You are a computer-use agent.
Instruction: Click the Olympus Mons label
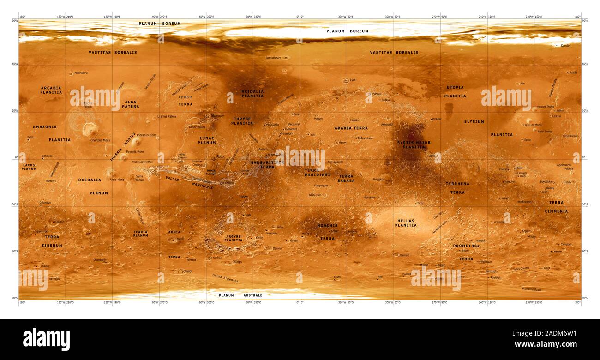pos(100,140)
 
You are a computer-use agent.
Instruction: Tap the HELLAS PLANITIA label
pos(406,223)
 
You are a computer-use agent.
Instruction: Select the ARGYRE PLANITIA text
pos(233,238)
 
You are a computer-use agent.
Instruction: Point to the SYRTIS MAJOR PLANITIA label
pos(414,144)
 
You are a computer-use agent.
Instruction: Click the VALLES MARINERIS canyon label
pos(189,183)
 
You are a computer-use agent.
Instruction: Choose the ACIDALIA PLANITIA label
pos(252,94)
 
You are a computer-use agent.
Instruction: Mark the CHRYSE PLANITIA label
pos(242,121)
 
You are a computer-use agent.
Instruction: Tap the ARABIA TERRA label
pos(351,128)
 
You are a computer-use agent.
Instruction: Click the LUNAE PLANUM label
pos(207,140)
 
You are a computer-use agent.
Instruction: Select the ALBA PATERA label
pos(131,104)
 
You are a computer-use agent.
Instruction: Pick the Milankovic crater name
pos(81,73)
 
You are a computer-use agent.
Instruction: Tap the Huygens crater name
pos(378,179)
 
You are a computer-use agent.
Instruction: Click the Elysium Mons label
pos(532,125)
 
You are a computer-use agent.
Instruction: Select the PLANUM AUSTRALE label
pos(240,295)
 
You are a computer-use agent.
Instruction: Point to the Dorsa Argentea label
pos(225,278)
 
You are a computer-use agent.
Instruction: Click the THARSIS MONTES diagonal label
pos(123,147)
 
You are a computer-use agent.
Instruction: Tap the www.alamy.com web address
pos(546,344)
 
